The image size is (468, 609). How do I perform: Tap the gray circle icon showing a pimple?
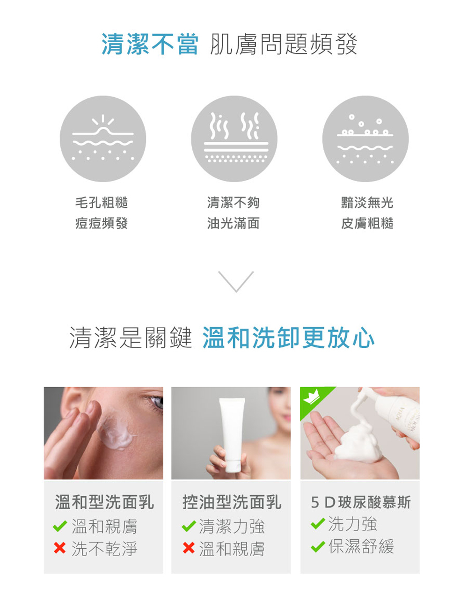103,139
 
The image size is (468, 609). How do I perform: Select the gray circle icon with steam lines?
234,139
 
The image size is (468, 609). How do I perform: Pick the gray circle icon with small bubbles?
365,139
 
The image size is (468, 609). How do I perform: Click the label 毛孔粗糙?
102,203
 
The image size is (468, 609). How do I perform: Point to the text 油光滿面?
233,223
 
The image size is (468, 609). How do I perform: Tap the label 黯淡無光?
367,203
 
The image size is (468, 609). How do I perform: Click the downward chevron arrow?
236,281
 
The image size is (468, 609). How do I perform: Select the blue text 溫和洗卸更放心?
288,338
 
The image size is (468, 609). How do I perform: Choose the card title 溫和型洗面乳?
104,502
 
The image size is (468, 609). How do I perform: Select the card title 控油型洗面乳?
231,502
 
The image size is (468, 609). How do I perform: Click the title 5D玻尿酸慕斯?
360,502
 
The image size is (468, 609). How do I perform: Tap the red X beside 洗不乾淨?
60,548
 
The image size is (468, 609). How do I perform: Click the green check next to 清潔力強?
189,527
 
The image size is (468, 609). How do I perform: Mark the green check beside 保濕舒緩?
318,546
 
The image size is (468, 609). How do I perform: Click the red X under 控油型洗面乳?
189,548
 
